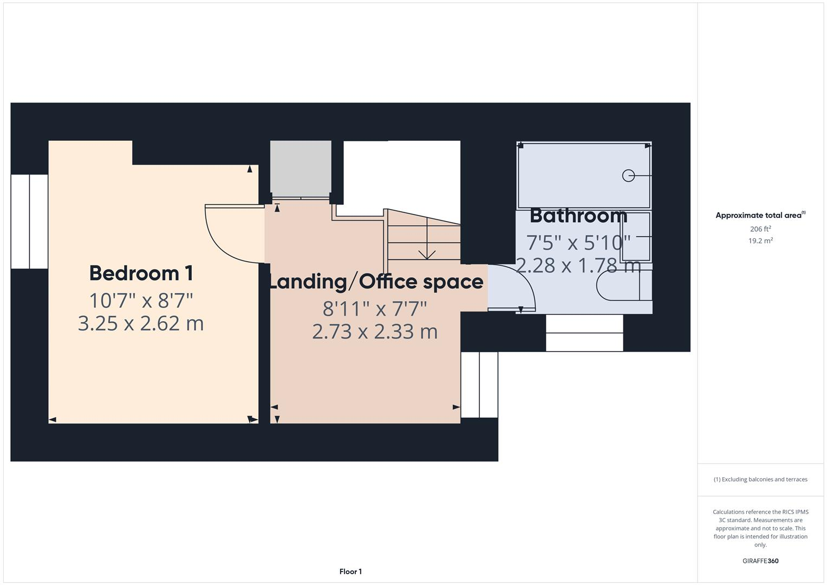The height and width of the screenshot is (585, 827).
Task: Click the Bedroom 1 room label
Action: coord(141,273)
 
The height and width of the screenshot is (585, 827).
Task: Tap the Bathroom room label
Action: coord(578,216)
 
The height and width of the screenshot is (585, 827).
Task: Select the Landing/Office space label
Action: coord(376,282)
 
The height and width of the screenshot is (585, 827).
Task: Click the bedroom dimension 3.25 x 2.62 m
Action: coord(141,323)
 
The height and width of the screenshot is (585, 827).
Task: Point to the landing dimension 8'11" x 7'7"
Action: coord(375,309)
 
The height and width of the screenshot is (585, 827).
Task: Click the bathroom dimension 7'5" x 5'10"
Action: coord(578,242)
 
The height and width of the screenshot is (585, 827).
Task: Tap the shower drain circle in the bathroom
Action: coord(628,175)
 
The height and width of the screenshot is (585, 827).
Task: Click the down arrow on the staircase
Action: coord(427,253)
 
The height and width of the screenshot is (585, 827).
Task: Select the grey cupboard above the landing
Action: coord(301,168)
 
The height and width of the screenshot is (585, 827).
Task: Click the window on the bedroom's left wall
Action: coord(29,221)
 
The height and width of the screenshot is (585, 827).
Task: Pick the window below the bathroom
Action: coord(584,333)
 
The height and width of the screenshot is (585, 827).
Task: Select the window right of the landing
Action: coord(479,385)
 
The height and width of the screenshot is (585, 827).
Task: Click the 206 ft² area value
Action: coord(760,229)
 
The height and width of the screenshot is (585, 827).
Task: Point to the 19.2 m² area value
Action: coord(760,241)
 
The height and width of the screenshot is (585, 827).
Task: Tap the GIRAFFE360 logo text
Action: coord(760,561)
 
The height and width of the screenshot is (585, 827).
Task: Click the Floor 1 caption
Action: coord(350,571)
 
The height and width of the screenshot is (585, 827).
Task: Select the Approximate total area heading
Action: coord(760,216)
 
